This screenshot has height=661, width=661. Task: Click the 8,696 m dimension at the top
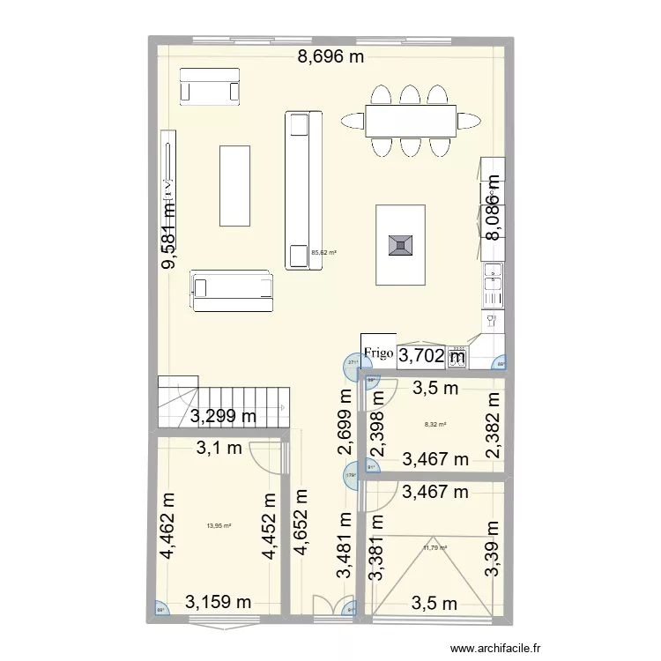coord(330,59)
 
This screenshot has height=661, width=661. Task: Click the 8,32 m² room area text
coord(435,424)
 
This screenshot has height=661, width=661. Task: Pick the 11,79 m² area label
coord(435,547)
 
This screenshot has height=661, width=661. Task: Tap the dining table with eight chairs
coord(412,121)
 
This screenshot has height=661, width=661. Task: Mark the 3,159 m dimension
coord(219,603)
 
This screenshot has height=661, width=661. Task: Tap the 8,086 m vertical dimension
coord(493,206)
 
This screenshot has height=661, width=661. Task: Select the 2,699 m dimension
coord(345,421)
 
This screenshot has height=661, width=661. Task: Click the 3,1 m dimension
coord(219,449)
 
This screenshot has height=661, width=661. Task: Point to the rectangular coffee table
coord(234,185)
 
